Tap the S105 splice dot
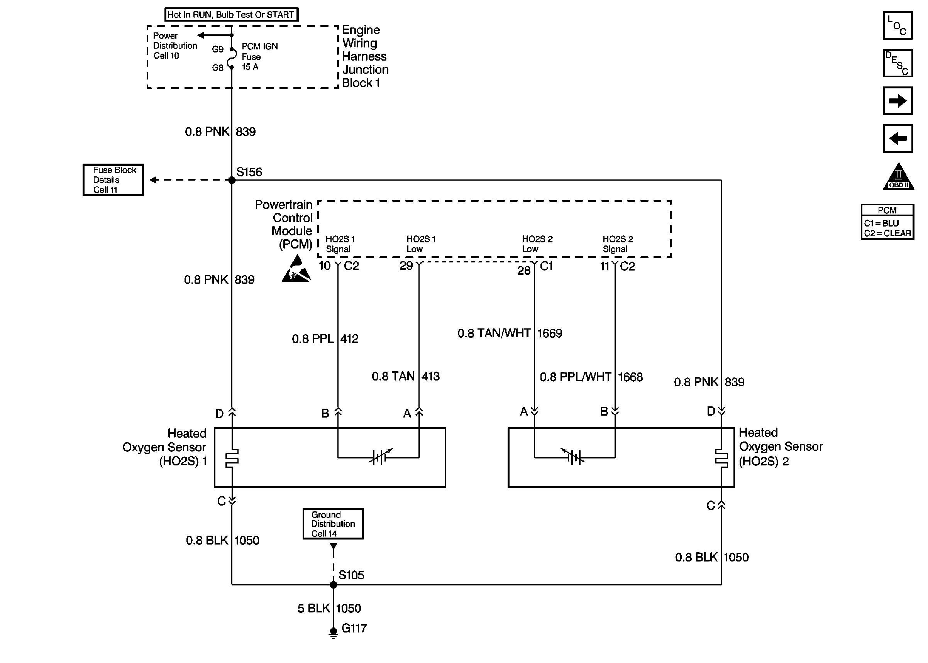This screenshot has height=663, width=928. click(333, 585)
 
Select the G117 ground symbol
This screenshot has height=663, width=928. click(333, 633)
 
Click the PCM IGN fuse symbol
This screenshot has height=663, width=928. click(232, 58)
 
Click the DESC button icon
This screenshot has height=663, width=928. click(898, 63)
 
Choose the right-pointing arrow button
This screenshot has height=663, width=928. click(898, 100)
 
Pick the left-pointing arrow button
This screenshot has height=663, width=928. click(898, 139)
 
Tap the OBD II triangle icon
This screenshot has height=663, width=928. click(898, 177)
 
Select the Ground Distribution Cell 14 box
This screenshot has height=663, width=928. click(333, 524)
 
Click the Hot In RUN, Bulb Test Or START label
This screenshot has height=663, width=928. click(231, 15)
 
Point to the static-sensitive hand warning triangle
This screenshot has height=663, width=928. click(296, 269)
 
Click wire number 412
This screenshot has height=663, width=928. click(349, 339)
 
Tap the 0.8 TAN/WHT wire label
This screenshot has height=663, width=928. click(494, 333)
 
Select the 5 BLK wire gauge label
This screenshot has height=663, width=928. click(313, 609)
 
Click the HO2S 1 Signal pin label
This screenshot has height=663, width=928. click(340, 244)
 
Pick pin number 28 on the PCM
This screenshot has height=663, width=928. click(524, 270)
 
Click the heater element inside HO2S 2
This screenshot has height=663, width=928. click(721, 458)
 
